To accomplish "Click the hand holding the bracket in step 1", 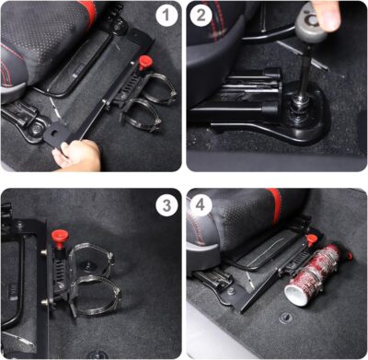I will coord(77,157).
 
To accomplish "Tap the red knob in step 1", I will coord(144,63).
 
